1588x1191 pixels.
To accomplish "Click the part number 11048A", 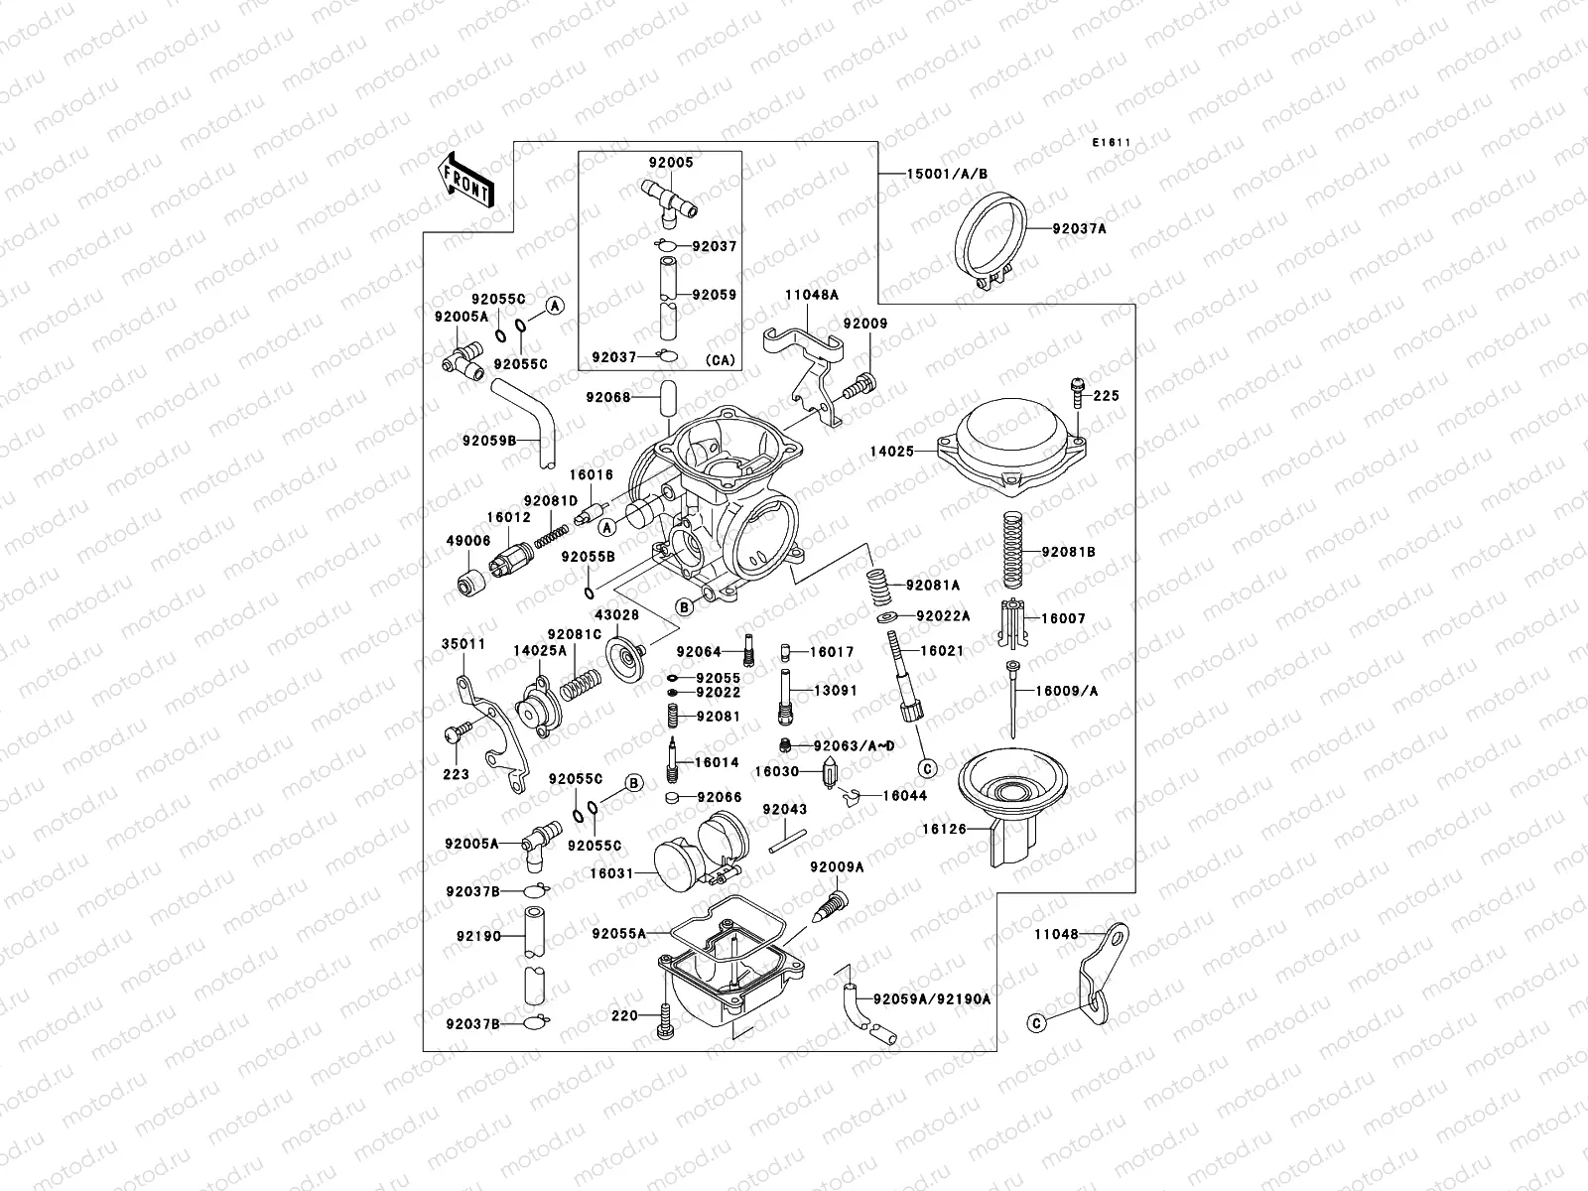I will pos(812,295).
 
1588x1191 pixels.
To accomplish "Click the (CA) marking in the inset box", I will pos(721,359).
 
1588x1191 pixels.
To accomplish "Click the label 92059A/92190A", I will pos(932,999).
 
